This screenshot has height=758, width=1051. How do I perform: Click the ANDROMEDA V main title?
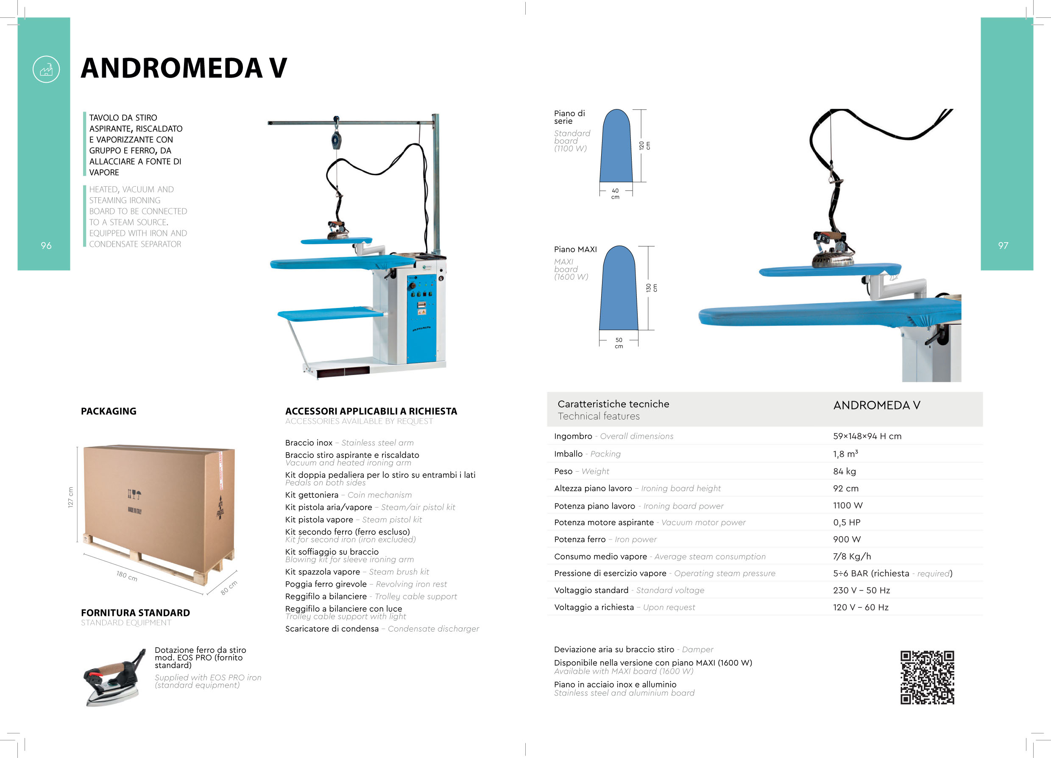(184, 68)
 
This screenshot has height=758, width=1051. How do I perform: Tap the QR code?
(927, 677)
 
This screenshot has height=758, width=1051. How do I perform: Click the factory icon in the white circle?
(46, 70)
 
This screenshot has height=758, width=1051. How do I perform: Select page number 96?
(46, 246)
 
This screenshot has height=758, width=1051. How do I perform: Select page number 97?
(1003, 246)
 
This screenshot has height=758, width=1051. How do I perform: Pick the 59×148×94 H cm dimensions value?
(867, 436)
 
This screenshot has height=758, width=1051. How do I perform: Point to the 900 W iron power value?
(847, 540)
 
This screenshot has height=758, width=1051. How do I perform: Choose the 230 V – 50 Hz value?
(861, 590)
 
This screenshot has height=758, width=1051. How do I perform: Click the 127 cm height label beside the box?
(71, 497)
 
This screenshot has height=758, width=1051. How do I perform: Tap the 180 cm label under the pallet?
(126, 576)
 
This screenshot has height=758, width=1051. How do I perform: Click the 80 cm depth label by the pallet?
(229, 588)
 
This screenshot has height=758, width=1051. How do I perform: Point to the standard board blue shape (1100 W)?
(616, 148)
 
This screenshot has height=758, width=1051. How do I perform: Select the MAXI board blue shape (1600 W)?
(619, 290)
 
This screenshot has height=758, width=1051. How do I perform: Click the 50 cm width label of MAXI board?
(619, 343)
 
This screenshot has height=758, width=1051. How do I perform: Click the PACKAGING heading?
(109, 411)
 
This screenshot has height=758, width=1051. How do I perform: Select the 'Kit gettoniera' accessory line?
(348, 495)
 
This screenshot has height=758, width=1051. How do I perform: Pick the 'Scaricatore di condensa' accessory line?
(382, 629)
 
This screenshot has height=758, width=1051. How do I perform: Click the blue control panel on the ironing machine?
(421, 318)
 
